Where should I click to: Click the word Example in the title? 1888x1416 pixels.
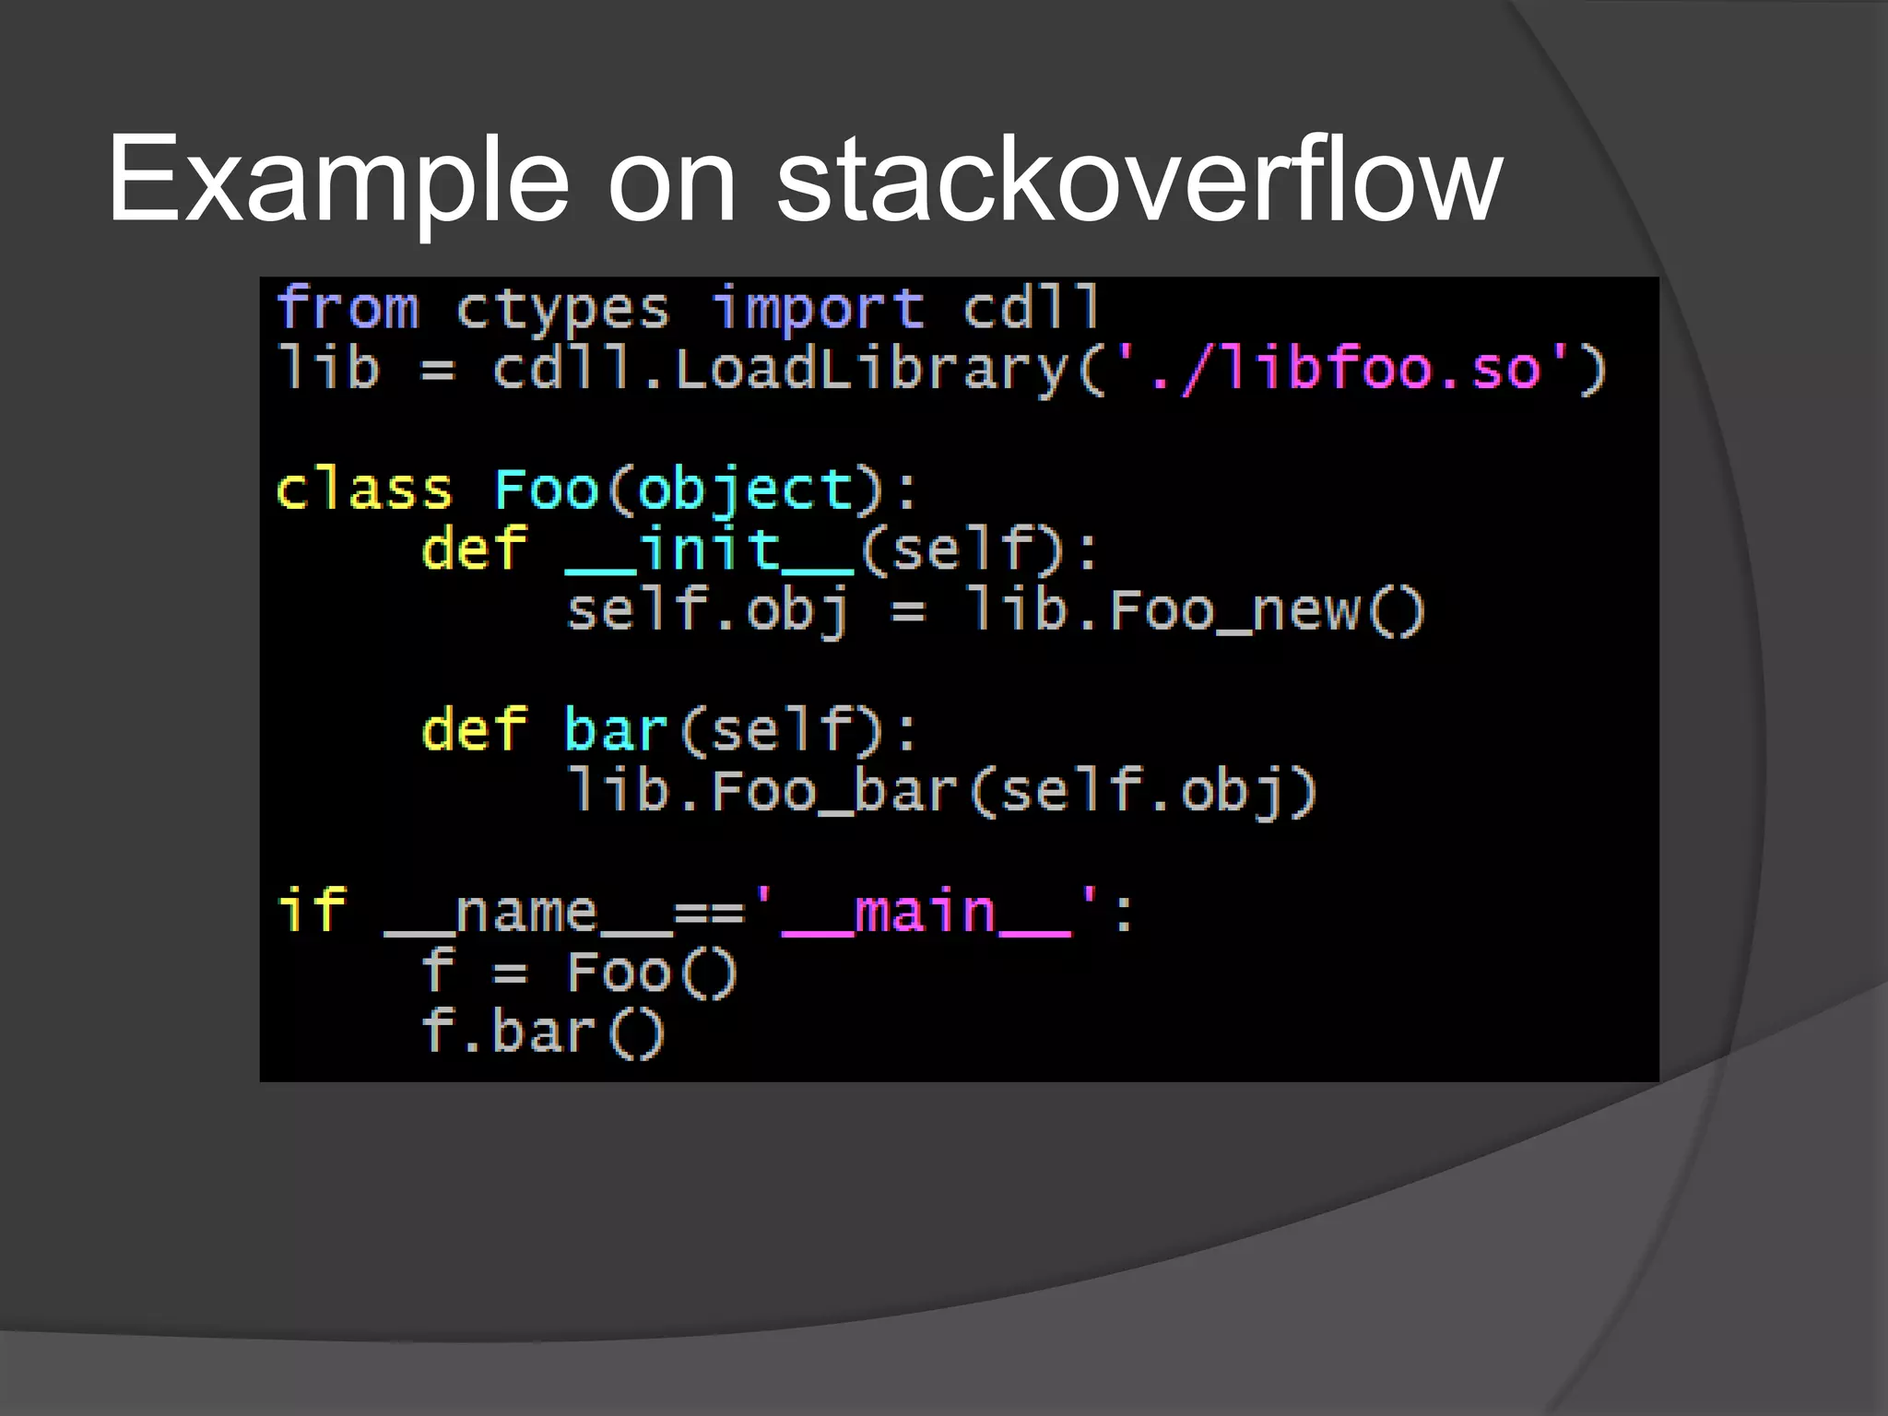pyautogui.click(x=337, y=180)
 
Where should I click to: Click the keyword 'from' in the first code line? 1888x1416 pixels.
pyautogui.click(x=348, y=308)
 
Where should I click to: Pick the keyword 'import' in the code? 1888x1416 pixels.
pyautogui.click(x=818, y=310)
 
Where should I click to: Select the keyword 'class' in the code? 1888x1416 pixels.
pyautogui.click(x=364, y=490)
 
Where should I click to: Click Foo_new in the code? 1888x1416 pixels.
pyautogui.click(x=1234, y=610)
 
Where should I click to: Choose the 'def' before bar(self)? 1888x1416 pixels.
pyautogui.click(x=474, y=730)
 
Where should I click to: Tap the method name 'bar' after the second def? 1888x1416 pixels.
pyautogui.click(x=615, y=730)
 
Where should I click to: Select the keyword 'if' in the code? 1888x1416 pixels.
pyautogui.click(x=312, y=911)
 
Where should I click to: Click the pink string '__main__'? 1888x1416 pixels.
pyautogui.click(x=926, y=913)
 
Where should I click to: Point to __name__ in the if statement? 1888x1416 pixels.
pyautogui.click(x=526, y=913)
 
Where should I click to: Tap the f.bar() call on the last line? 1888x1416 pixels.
pyautogui.click(x=542, y=1032)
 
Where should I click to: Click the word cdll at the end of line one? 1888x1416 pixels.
pyautogui.click(x=1032, y=308)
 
